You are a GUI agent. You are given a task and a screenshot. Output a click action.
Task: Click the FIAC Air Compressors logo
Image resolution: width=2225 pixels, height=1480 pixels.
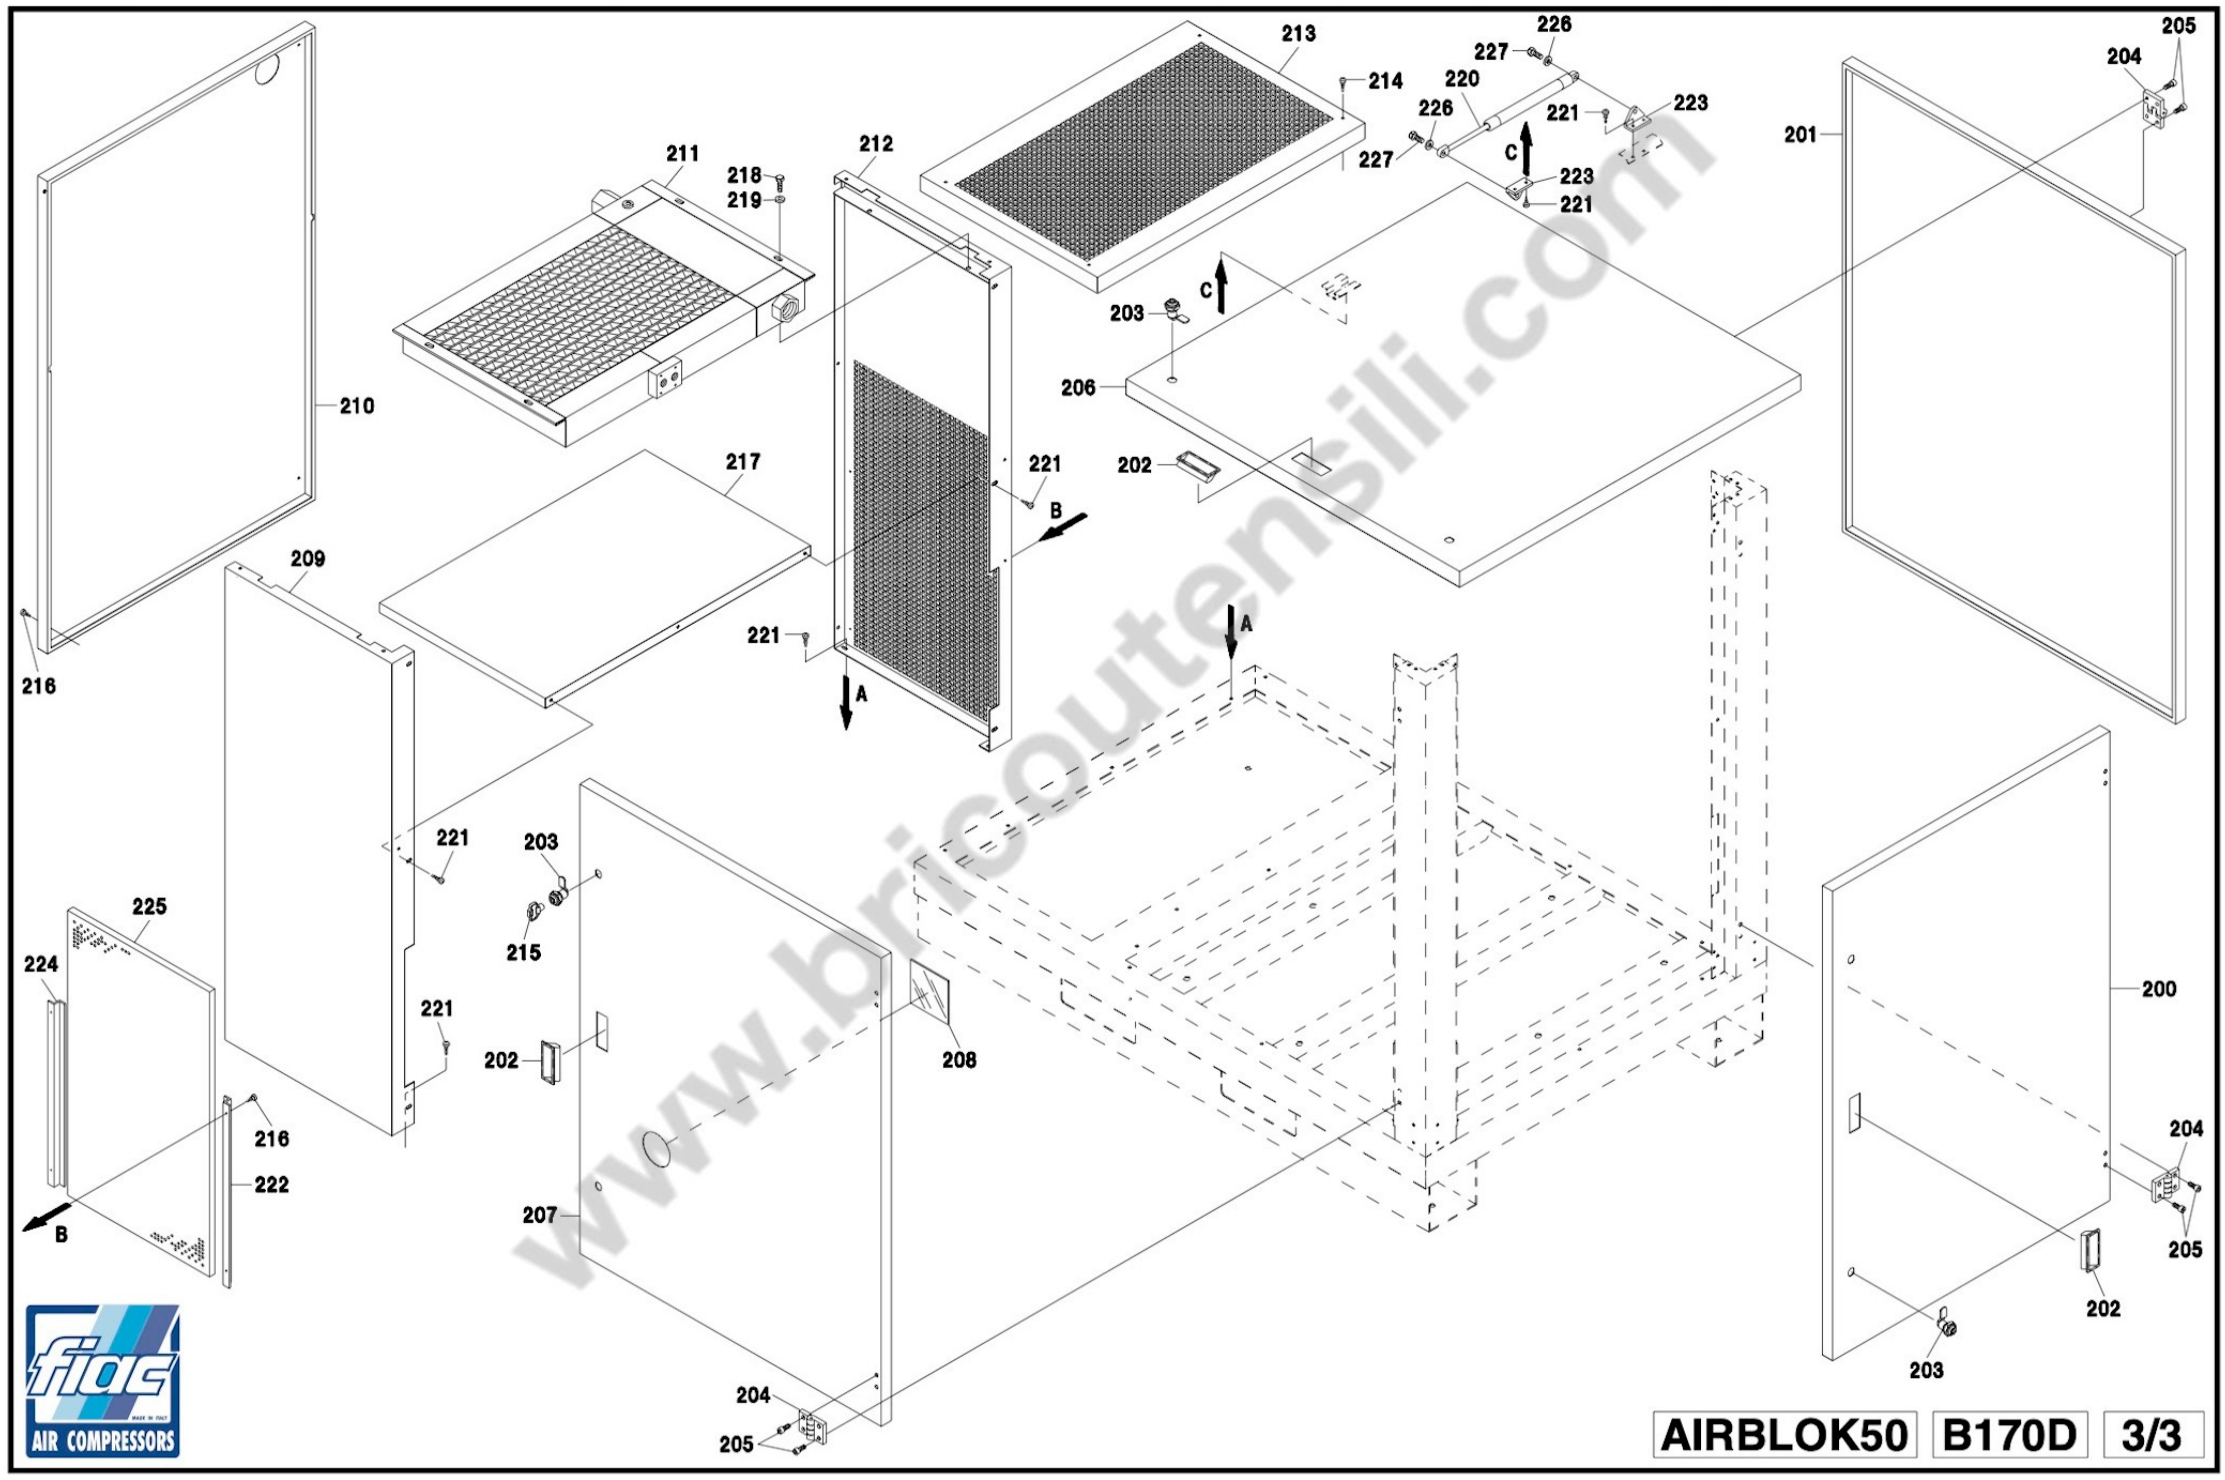pos(102,1380)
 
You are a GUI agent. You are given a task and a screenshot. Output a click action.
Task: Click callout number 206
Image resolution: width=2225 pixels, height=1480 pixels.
pos(1078,388)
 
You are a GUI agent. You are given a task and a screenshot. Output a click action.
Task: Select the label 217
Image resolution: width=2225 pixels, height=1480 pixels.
pos(743,462)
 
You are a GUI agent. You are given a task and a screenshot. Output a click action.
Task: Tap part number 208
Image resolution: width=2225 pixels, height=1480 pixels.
pos(959,1060)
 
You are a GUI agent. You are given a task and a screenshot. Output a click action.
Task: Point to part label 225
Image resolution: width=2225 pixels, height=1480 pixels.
pos(149,906)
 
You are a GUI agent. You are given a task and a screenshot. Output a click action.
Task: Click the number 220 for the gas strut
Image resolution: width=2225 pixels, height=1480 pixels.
pos(1461,79)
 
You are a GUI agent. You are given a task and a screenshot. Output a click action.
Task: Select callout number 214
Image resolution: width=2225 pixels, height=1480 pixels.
pos(1386,81)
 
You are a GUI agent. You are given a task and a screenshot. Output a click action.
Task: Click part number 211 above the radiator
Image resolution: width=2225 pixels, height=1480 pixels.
pos(682,153)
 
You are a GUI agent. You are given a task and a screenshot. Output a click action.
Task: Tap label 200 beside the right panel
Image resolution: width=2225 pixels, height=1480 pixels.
pos(2159,989)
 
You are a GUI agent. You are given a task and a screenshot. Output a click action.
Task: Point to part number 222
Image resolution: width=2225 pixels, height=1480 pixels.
pos(271,1184)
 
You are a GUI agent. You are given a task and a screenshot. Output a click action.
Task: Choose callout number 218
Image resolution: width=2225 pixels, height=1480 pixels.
pos(744,176)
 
